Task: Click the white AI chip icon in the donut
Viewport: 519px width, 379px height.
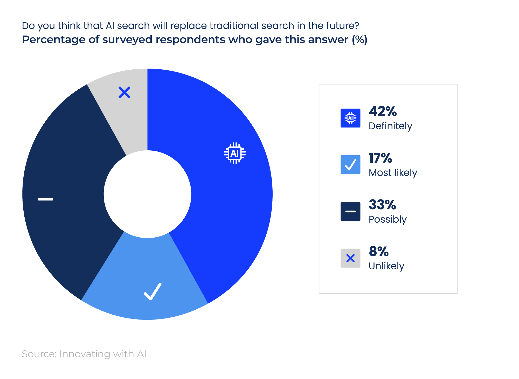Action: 235,153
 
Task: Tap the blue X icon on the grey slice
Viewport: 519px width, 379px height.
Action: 124,92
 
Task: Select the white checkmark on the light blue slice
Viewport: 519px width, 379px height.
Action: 153,291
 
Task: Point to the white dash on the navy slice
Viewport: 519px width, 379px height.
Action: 45,199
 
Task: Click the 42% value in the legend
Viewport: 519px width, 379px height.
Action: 383,111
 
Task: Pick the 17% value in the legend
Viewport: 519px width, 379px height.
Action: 380,158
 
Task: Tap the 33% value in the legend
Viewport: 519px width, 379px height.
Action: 383,205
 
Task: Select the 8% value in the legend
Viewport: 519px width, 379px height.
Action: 379,251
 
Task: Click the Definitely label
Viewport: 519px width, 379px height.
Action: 390,126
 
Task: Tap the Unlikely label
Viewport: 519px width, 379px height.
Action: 386,266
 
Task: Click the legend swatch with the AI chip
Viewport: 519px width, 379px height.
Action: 350,118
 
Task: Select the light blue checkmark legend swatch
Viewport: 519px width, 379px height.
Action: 350,165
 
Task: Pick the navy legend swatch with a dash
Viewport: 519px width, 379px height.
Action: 350,211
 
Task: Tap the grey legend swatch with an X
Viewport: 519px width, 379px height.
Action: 350,258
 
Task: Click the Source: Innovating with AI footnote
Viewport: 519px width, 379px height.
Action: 84,354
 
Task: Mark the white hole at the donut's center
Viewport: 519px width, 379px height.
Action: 147,194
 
